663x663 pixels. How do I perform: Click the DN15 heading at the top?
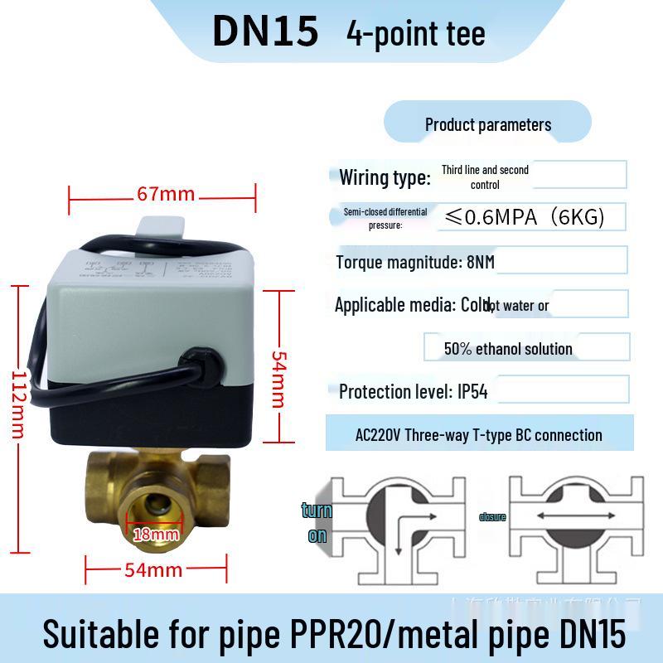265,31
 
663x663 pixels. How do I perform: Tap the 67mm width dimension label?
167,195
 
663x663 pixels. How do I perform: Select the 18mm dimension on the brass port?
156,534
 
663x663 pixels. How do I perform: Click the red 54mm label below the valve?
153,570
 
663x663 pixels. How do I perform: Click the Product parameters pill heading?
487,125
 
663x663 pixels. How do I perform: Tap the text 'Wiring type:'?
385,177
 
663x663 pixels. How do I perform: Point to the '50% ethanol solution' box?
508,349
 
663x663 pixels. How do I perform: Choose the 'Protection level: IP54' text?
413,391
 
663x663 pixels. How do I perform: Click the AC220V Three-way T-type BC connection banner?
479,434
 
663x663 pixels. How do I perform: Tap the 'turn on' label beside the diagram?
317,522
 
